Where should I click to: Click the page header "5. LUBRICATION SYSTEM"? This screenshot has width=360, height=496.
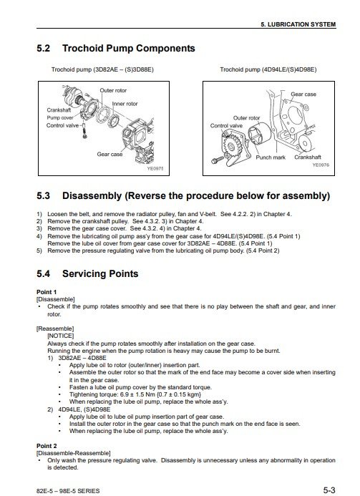click(298, 24)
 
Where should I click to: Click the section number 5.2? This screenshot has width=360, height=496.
click(44, 49)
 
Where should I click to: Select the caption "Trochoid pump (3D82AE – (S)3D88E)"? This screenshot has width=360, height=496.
click(102, 69)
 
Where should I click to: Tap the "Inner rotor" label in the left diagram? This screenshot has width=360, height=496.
click(125, 104)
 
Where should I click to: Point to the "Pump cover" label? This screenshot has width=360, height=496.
click(60, 117)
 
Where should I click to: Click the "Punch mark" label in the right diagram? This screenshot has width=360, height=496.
click(271, 157)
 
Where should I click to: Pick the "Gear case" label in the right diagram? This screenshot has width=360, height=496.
click(303, 94)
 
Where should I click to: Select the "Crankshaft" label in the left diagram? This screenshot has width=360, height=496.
click(59, 110)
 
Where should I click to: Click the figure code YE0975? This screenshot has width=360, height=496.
click(155, 169)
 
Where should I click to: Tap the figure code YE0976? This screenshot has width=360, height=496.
click(321, 165)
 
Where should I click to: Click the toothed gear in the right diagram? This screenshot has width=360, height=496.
click(231, 146)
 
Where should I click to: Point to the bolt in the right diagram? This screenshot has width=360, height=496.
click(217, 160)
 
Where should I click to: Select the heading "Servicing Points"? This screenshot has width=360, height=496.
click(100, 273)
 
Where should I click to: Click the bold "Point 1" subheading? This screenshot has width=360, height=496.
click(47, 292)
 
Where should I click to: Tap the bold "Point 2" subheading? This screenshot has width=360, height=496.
click(47, 446)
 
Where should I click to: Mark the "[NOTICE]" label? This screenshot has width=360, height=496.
click(60, 336)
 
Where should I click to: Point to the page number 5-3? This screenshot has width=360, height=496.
click(329, 490)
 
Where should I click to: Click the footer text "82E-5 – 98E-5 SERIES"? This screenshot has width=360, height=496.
click(68, 491)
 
